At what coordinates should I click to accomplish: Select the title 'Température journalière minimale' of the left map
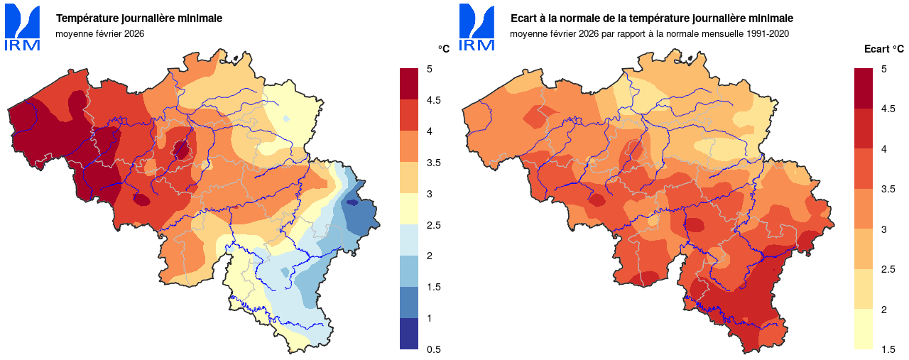(x=139, y=18)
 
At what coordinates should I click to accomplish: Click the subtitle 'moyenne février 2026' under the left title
(x=99, y=33)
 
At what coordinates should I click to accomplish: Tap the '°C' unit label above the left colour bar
(x=443, y=49)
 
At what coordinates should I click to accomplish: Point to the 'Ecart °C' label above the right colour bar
(x=884, y=49)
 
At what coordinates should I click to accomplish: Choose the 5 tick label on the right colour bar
(x=883, y=69)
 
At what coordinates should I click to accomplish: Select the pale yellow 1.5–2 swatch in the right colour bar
(x=864, y=329)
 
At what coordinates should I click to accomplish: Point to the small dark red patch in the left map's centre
(x=182, y=149)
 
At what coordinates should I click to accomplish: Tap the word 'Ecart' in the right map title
(x=526, y=18)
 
